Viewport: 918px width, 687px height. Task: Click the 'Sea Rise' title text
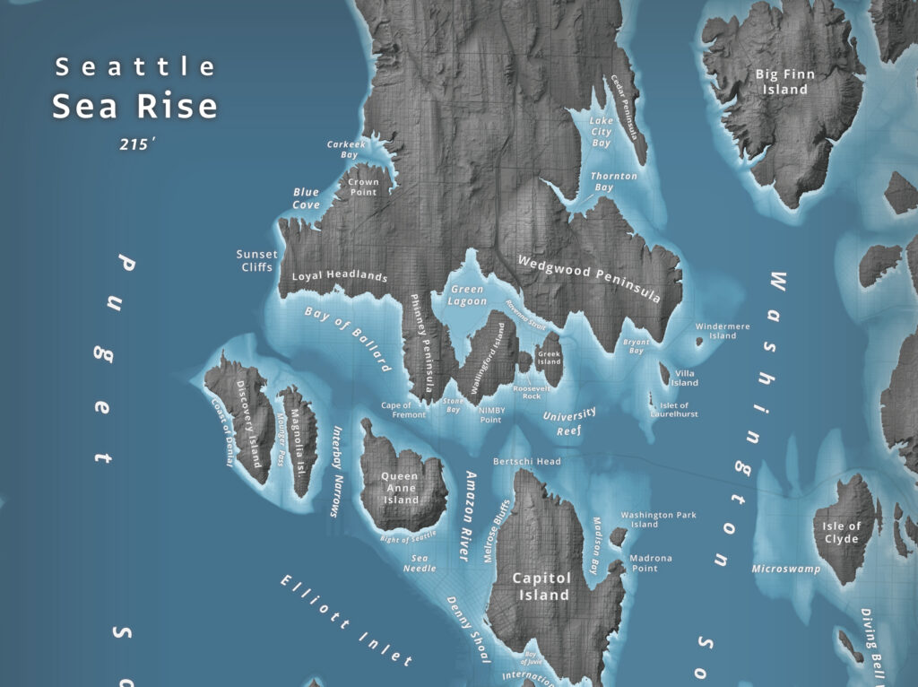134,106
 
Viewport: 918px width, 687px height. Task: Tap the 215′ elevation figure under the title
137,143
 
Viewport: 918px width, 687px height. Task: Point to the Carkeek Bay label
342,149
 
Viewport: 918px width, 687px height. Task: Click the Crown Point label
363,187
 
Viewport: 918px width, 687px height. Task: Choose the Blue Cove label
306,198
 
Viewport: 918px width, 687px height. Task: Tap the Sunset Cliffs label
256,260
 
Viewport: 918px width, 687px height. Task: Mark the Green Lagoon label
468,296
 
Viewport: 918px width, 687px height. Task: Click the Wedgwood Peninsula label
589,278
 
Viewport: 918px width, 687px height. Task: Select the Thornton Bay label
614,182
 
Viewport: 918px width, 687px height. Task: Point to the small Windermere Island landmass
699,341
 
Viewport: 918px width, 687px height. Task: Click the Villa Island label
684,378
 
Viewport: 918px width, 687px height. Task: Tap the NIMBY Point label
491,415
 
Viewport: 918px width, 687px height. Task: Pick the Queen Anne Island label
402,488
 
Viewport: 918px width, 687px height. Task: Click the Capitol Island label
541,586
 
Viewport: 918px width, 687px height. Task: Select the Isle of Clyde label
841,533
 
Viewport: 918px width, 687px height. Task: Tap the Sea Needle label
420,562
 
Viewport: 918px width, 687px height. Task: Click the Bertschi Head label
527,461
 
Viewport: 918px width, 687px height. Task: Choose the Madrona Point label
650,562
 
